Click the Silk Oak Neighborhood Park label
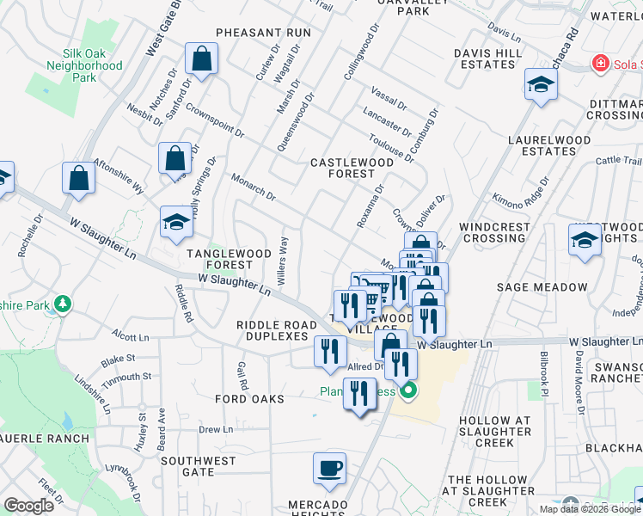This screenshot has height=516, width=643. (85, 64)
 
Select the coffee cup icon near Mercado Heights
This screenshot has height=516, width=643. (329, 468)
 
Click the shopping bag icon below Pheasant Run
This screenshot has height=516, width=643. (201, 59)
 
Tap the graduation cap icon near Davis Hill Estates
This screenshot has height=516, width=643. (541, 83)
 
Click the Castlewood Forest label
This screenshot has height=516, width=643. (352, 168)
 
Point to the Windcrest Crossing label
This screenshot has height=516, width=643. (494, 232)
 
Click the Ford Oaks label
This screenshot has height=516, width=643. (249, 399)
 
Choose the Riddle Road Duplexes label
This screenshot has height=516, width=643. (272, 330)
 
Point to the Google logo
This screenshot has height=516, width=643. (28, 506)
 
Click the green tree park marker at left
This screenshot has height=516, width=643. (62, 304)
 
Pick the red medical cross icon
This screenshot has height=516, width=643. (599, 63)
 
